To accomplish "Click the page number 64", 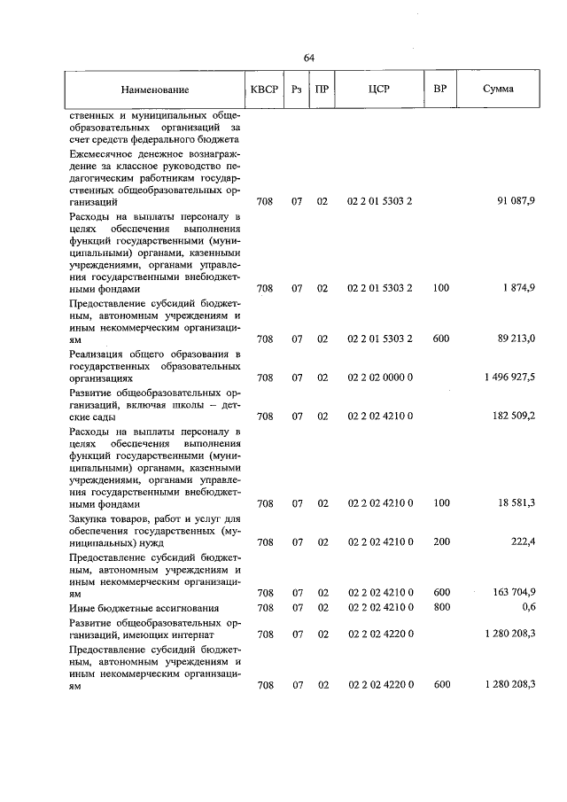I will (x=309, y=58).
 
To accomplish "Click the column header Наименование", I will (x=156, y=90).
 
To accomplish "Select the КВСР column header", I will (x=264, y=90).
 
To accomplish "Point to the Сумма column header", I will (x=498, y=90).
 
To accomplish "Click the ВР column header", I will (x=439, y=90).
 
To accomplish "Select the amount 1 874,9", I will (x=517, y=288).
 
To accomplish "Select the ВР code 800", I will (x=441, y=608).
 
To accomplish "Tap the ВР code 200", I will (x=441, y=541).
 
